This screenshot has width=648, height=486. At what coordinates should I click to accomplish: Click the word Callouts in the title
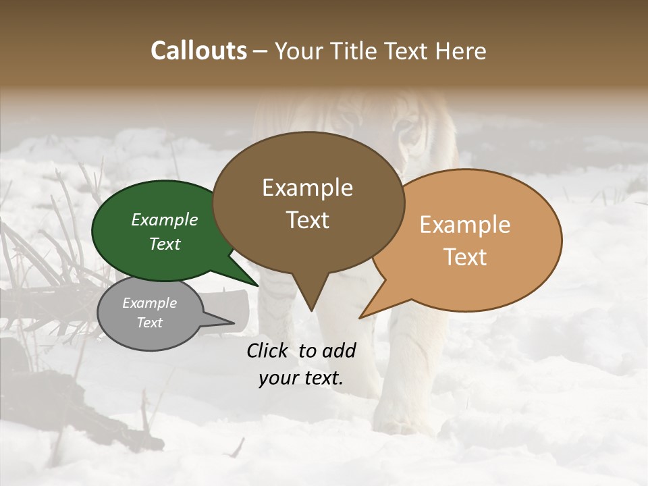(198, 51)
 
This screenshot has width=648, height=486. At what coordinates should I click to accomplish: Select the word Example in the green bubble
(164, 220)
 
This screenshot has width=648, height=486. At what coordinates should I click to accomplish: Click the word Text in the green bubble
(165, 244)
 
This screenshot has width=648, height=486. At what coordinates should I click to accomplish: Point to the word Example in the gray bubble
(149, 303)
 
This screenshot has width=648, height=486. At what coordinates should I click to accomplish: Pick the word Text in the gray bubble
(150, 323)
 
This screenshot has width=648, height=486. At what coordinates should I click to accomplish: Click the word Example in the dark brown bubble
(307, 188)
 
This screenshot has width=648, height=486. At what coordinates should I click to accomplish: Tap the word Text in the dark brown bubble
(308, 220)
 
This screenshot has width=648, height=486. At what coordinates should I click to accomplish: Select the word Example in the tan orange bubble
(465, 225)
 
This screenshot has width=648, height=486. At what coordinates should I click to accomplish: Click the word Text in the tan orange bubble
(466, 257)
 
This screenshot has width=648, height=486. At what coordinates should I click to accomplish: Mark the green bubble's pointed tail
(256, 285)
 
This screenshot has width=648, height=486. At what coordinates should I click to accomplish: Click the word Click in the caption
(269, 350)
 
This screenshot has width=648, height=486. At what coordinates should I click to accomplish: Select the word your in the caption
(277, 378)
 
